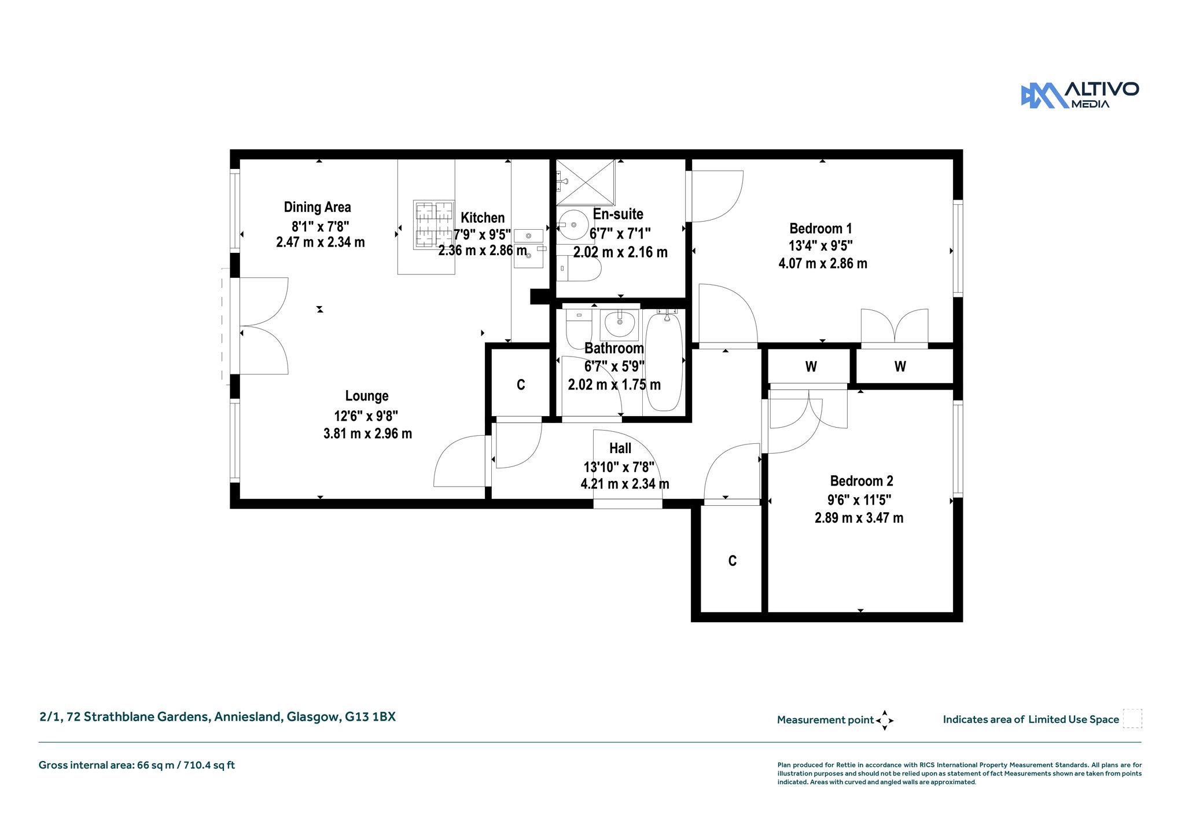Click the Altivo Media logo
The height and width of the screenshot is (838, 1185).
(x=1080, y=95)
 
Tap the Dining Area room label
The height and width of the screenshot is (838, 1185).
(x=317, y=207)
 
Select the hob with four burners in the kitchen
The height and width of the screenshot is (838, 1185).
(x=433, y=225)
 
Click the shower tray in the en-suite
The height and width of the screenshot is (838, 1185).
(x=586, y=182)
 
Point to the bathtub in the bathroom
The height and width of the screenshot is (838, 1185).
(x=664, y=362)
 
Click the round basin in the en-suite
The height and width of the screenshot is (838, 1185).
(x=573, y=225)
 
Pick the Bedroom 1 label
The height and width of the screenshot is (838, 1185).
(x=820, y=229)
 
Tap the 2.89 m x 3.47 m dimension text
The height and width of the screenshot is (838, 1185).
(x=859, y=518)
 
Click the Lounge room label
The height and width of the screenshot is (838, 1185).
(x=367, y=396)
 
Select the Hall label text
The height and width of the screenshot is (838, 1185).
(x=620, y=448)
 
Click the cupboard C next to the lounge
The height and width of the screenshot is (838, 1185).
(x=521, y=385)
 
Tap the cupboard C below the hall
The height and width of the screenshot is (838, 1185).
(x=732, y=561)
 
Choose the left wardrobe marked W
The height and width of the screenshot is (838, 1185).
(x=811, y=366)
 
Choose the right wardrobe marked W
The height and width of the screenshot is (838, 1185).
(x=900, y=366)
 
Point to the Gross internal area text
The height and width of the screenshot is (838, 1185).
(x=137, y=765)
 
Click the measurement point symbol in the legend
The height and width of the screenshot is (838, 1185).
(x=885, y=721)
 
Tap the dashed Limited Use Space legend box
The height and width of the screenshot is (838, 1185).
(x=1132, y=718)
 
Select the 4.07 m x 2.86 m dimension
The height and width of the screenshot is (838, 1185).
(x=823, y=263)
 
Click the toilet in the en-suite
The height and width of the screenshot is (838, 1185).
(x=579, y=269)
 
